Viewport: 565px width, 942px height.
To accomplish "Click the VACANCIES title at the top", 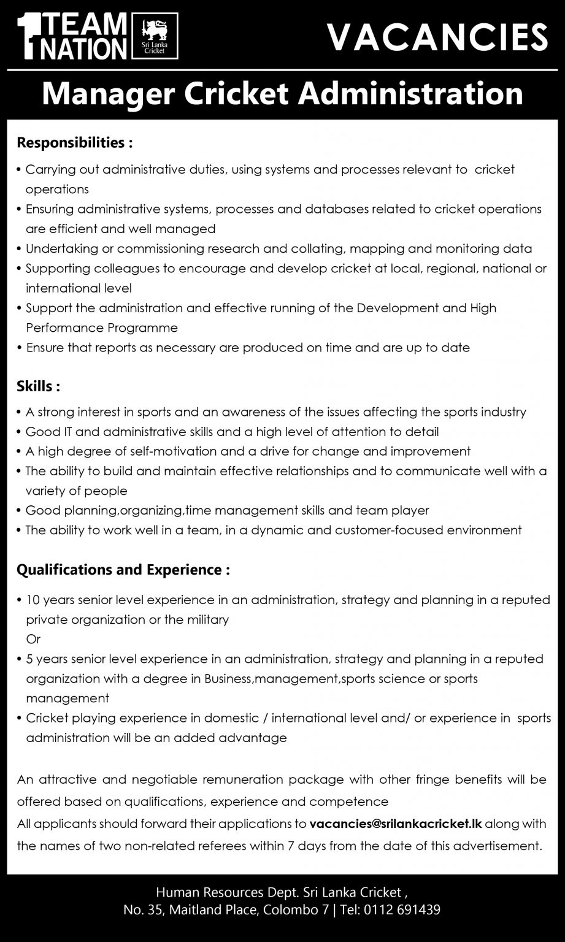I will point(437,37).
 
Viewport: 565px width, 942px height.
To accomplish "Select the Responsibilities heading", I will point(74,143).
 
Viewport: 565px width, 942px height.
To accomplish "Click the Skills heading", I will point(38,387).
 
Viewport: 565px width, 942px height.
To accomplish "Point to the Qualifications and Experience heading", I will point(123,570).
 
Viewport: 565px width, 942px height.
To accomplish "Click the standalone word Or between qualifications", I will point(33,639).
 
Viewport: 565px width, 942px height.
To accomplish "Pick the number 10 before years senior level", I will point(33,600).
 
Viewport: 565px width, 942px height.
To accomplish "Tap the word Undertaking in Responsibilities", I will point(62,248).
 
